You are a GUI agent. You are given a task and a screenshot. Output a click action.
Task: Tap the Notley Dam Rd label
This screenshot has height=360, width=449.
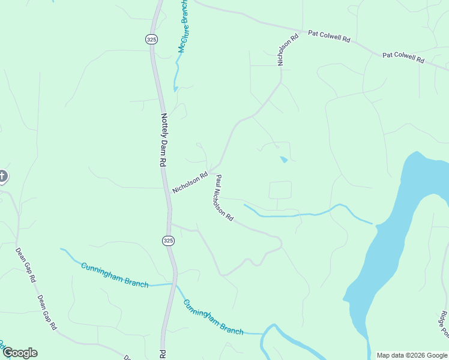coord(163,140)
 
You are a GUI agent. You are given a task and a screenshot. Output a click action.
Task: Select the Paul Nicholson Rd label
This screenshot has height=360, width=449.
coord(224,198)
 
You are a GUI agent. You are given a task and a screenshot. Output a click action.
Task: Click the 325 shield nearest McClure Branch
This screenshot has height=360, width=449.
coord(151,39)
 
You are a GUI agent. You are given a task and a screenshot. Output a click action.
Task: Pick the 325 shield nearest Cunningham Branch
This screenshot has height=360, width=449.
coord(168,240)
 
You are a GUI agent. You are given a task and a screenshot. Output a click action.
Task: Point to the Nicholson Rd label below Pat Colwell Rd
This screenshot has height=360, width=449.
coord(288,50)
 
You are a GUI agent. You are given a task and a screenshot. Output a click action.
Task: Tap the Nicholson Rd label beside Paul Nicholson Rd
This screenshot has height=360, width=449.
coord(190,182)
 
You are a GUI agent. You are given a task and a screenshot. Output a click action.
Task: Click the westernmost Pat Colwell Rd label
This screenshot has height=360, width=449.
coord(329,37)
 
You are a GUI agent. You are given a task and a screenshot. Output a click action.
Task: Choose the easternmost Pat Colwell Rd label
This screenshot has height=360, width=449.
coord(403,58)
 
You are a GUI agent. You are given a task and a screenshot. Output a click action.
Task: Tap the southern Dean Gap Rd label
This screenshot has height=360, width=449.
coord(46,312)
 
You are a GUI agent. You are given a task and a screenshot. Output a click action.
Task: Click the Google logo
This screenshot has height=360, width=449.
coord(19,353)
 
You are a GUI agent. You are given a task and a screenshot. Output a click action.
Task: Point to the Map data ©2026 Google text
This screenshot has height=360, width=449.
coord(411,355)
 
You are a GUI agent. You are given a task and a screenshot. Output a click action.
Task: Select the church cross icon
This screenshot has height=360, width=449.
coord(2,176)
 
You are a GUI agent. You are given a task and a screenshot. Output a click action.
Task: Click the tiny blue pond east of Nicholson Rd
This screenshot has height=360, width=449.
coord(283,160)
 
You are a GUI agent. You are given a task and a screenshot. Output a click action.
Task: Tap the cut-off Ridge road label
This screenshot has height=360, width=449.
coord(443,324)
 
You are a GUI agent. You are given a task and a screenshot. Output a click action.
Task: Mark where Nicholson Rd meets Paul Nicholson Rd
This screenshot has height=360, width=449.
coord(211,172)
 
